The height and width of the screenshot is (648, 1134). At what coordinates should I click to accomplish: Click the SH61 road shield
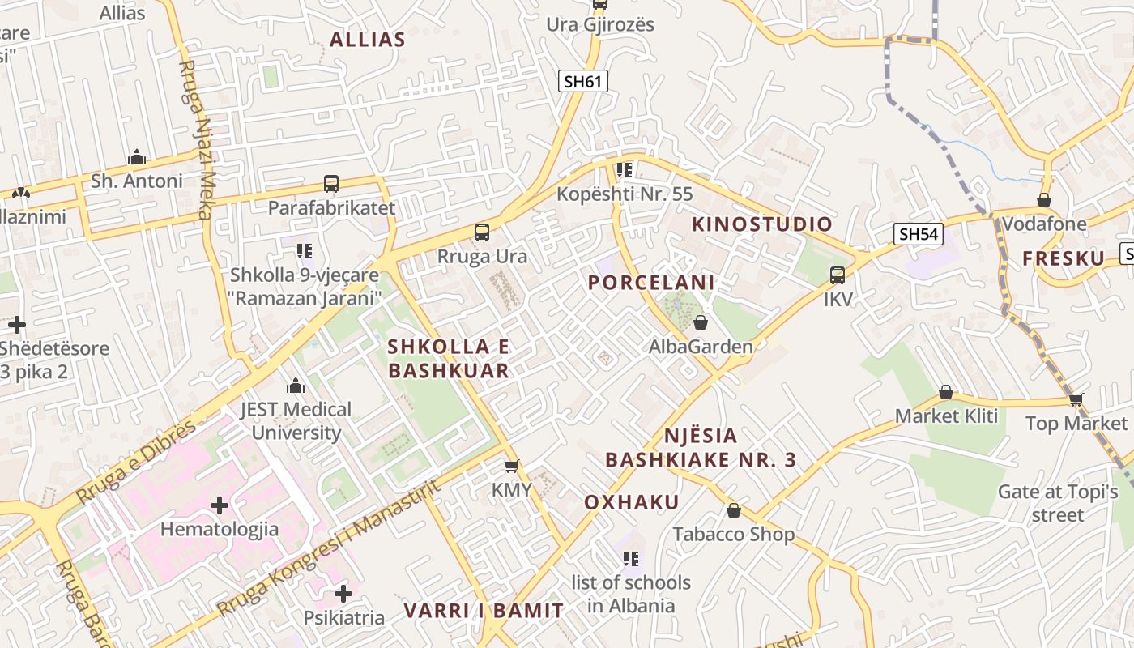[x=583, y=80]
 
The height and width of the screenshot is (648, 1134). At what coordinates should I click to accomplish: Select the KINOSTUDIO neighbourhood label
[x=761, y=224]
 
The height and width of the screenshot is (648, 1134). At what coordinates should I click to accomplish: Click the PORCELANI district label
[x=651, y=283]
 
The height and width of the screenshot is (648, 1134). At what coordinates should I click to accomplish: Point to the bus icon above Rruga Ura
[x=482, y=232]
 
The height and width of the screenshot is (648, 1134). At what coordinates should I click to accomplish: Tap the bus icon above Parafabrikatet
[x=330, y=184]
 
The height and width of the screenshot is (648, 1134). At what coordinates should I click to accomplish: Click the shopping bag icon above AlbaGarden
[x=701, y=322]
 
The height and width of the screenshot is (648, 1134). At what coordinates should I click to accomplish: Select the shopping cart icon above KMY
[x=511, y=466]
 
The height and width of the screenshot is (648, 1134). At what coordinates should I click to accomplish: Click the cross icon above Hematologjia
[x=219, y=506]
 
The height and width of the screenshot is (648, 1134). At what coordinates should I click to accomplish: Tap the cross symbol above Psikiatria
[x=343, y=594]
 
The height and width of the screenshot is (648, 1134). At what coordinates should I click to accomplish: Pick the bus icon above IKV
[x=838, y=275]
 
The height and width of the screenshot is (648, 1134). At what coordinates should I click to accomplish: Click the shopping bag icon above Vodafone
[x=1044, y=199]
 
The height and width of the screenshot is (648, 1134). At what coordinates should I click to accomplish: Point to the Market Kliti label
[x=946, y=416]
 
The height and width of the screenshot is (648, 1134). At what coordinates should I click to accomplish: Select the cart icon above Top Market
[x=1076, y=399]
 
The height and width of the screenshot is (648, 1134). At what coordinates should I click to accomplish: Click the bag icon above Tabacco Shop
[x=734, y=510]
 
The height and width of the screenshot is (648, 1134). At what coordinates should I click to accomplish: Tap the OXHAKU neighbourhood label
[x=632, y=502]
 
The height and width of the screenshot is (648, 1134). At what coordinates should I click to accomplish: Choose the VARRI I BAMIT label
[x=484, y=611]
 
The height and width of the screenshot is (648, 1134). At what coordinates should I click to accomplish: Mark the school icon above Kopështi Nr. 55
[x=624, y=170]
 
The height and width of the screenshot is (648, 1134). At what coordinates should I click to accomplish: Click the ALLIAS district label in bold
[x=367, y=40]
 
